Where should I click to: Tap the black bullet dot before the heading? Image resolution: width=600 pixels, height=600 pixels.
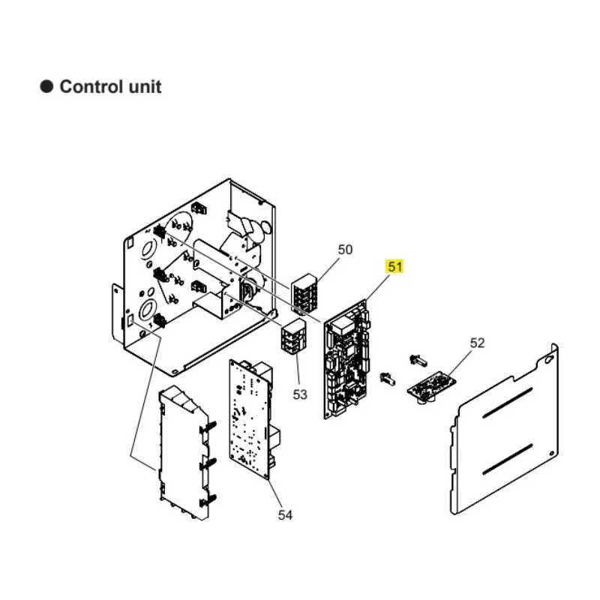[x=46, y=87]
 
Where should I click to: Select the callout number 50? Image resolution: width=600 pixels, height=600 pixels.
[x=345, y=250]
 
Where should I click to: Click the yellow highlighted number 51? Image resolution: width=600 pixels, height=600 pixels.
[x=394, y=266]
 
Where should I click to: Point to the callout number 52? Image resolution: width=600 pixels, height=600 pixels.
[x=477, y=343]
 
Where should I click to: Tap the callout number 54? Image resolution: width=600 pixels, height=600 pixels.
[x=285, y=514]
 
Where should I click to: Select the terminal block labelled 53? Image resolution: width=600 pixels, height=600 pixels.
[x=293, y=337]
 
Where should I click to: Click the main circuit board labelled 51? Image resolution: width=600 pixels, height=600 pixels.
[x=348, y=358]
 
